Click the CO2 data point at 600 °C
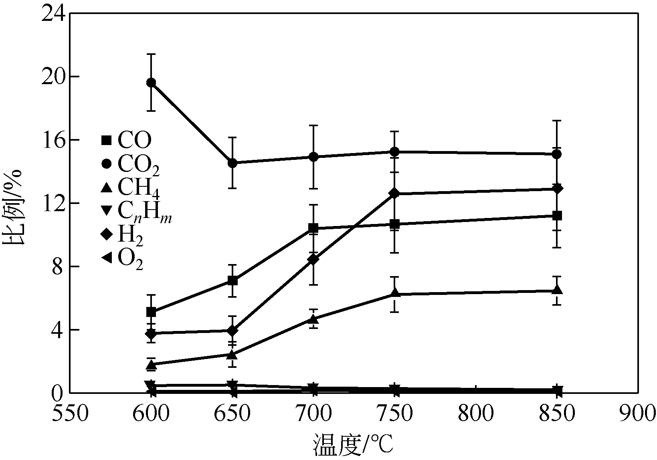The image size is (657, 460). pos(151,83)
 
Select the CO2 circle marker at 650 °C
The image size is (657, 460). pos(232,163)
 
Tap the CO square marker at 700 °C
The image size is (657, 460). pos(313,228)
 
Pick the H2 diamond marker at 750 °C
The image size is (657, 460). pos(395,194)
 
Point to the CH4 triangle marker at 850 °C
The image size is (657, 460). pos(557,290)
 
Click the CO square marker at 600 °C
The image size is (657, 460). pos(151,312)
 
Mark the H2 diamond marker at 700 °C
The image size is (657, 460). pos(313,260)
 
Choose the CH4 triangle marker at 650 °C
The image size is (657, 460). pos(232,355)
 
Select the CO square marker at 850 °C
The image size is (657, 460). pos(557,216)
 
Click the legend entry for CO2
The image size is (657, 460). pos(130,164)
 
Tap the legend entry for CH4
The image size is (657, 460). pos(130,187)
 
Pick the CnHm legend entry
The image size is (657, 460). pos(136,210)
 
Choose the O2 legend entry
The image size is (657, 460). pos(122,258)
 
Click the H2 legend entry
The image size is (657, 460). pos(122,235)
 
